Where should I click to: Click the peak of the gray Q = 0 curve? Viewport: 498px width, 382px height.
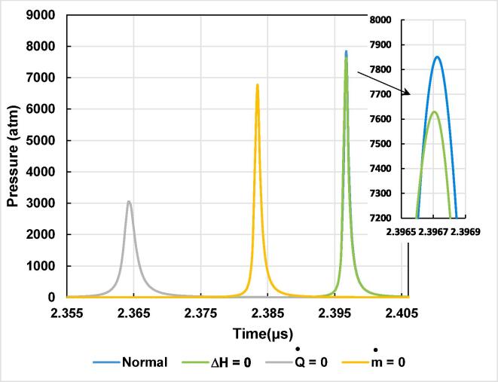coord(129,202)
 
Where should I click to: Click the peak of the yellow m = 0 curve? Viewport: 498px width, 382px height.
coord(258,85)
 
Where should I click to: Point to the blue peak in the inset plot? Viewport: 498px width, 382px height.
coord(436,57)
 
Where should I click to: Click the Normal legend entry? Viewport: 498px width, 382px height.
coord(130,362)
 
